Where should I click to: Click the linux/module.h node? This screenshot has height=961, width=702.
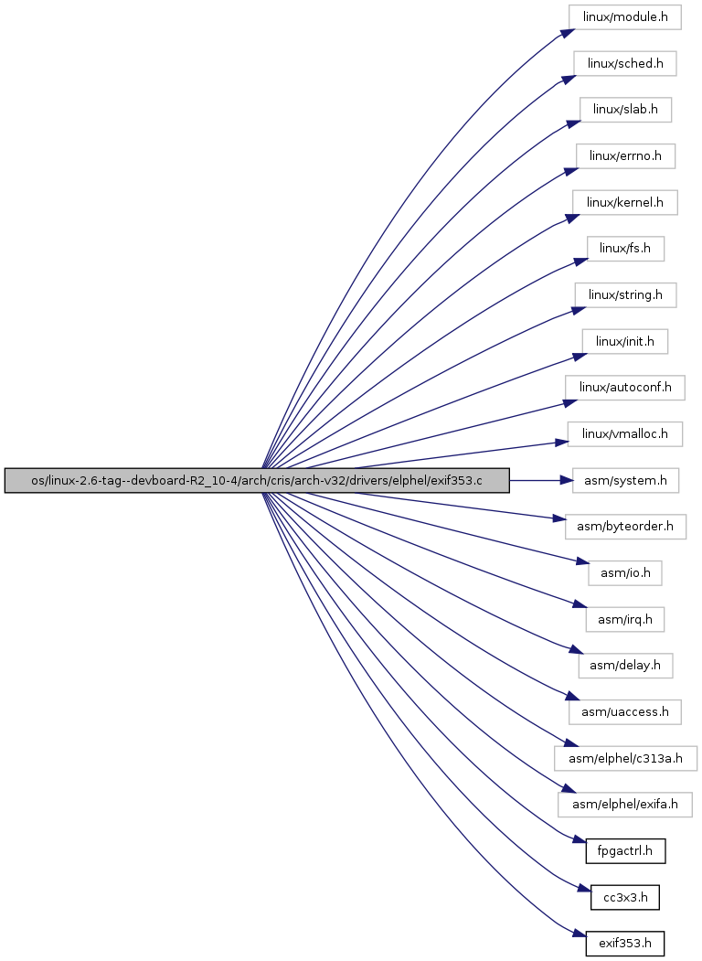click(x=625, y=17)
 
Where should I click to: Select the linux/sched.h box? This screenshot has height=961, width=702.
click(x=625, y=64)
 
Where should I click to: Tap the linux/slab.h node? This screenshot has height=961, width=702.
click(x=625, y=110)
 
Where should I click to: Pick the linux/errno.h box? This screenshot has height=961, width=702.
click(x=625, y=156)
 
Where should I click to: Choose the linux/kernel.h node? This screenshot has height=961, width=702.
click(x=625, y=202)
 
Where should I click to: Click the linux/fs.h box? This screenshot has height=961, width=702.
click(x=625, y=249)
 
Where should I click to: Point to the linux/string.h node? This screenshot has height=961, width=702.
click(x=625, y=294)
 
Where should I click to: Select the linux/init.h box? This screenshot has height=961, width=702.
click(x=625, y=341)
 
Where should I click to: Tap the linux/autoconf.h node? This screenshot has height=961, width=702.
click(x=625, y=388)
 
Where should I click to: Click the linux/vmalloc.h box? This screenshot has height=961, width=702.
click(x=625, y=434)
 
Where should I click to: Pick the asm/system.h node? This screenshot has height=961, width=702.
click(x=625, y=481)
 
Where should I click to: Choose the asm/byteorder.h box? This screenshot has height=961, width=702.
click(x=625, y=527)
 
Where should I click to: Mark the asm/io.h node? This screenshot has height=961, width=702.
click(x=625, y=573)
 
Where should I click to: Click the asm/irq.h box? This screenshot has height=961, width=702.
click(x=625, y=619)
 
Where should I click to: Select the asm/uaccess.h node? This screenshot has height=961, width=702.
click(x=625, y=711)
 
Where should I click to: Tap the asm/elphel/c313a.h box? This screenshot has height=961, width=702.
click(x=625, y=758)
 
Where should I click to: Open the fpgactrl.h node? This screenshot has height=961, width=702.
click(x=625, y=850)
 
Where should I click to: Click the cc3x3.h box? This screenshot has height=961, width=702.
click(x=625, y=897)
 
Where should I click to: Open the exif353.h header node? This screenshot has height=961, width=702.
click(x=625, y=944)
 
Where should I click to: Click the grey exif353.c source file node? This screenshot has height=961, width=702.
click(x=257, y=481)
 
